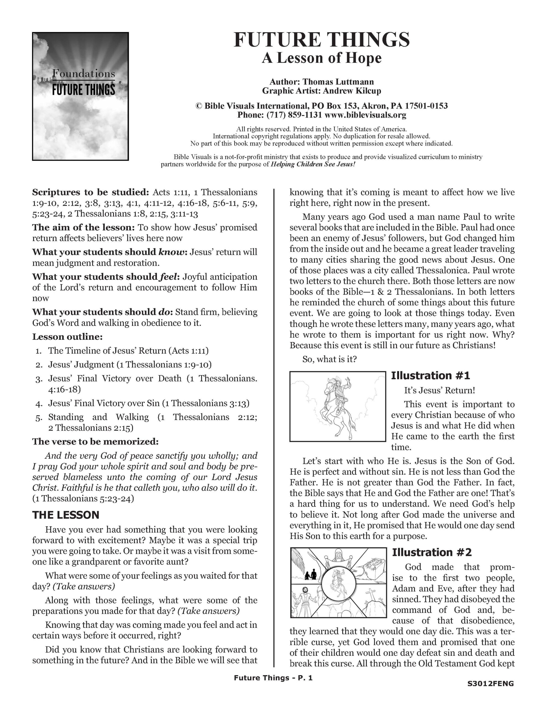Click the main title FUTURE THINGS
tap(321, 39)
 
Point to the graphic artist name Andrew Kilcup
tap(352, 91)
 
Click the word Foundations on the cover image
tap(83, 74)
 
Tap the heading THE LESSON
tap(66, 515)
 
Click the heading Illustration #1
tap(430, 376)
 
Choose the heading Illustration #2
tap(432, 552)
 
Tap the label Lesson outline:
tap(67, 337)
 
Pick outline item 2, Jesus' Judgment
tap(130, 365)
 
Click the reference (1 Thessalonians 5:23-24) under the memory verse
tap(83, 498)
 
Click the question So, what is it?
tap(329, 359)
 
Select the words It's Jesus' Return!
tap(439, 391)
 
